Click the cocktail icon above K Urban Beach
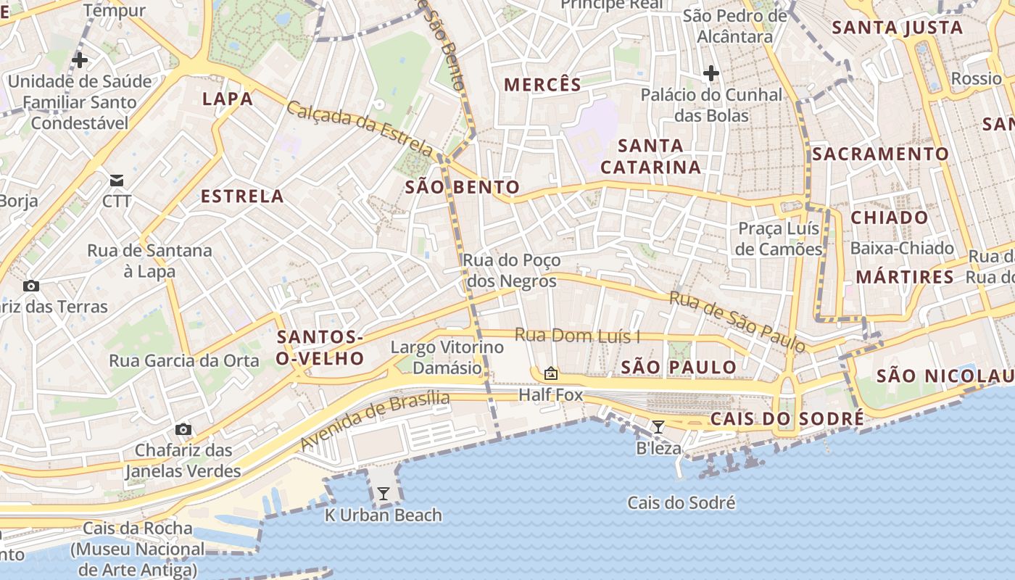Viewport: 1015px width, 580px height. click(x=384, y=494)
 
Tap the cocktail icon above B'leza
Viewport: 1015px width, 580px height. click(x=658, y=427)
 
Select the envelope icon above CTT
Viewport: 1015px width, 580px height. click(x=117, y=181)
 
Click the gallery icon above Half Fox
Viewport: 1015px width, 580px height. click(x=551, y=374)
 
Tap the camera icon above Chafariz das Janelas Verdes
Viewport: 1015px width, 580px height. click(x=183, y=429)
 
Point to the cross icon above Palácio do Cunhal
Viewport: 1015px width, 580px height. click(x=711, y=73)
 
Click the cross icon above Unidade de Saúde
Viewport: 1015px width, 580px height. click(x=80, y=60)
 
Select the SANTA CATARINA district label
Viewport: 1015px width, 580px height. click(x=651, y=157)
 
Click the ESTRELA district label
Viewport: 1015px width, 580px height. click(x=242, y=196)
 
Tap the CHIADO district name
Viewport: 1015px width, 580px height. click(x=889, y=217)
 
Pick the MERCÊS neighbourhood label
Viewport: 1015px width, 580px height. click(x=543, y=85)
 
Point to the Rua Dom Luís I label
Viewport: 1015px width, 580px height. click(x=578, y=336)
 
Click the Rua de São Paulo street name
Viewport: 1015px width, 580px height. click(x=737, y=322)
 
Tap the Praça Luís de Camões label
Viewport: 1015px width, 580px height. click(x=779, y=239)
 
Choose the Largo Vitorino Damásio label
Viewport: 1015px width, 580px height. click(x=447, y=357)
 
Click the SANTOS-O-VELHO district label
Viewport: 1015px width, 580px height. click(x=320, y=347)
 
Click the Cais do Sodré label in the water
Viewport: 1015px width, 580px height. click(x=681, y=502)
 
